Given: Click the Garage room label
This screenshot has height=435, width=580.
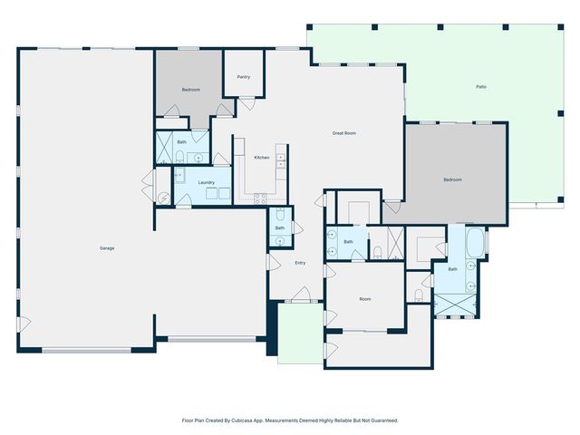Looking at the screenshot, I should tap(106, 247).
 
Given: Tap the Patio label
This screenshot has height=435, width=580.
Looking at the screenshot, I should tap(480, 87).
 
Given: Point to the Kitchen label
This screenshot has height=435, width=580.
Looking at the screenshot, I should tap(261, 158).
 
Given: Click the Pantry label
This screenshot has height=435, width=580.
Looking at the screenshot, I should tap(243, 77).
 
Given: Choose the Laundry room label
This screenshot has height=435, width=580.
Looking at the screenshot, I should tap(206, 182).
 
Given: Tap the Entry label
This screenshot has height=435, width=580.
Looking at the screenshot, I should tap(300, 263).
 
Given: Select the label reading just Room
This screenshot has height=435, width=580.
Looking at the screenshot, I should tap(364, 298).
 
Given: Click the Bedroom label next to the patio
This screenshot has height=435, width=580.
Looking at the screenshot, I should tap(452, 179).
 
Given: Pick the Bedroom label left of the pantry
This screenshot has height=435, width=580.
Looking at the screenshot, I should tap(190, 90).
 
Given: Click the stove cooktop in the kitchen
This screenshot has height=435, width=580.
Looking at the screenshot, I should tap(261, 198).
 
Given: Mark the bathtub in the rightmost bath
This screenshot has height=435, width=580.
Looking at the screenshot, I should tap(475, 244).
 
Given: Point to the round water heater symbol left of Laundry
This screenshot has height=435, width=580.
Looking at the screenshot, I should tap(163, 198).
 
